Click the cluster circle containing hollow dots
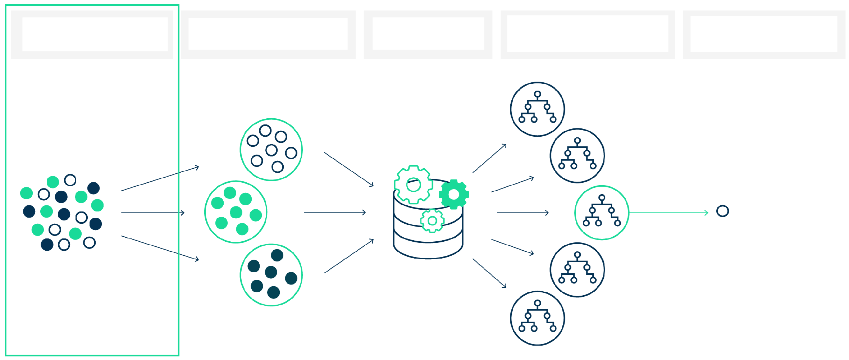tap(271, 150)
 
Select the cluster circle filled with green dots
tap(236, 212)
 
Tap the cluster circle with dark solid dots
tap(271, 275)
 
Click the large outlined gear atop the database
tap(413, 184)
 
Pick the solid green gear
tap(454, 194)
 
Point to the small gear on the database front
tap(432, 220)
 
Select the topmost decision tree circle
tap(537, 109)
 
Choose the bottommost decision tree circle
tap(537, 318)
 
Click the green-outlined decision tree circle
tap(602, 213)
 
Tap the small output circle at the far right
tap(722, 211)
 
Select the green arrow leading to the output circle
tap(669, 213)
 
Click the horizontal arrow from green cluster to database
tap(335, 213)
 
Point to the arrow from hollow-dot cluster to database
tap(349, 169)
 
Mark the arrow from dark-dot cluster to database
tap(349, 256)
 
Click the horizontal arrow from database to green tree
tap(523, 213)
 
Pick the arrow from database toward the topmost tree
tap(489, 158)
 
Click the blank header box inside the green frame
tap(95, 34)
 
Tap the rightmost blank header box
tap(764, 34)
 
